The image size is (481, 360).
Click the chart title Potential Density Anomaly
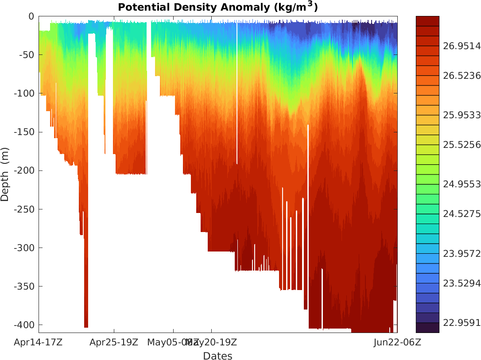(217, 7)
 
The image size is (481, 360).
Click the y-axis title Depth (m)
(5, 174)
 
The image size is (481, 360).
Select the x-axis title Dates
(217, 356)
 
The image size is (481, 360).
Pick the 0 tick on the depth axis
(31, 16)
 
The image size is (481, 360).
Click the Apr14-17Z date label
(38, 342)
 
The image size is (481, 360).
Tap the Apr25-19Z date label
(114, 342)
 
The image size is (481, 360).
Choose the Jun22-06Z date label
(397, 342)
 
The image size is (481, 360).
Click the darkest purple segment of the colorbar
(427, 328)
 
